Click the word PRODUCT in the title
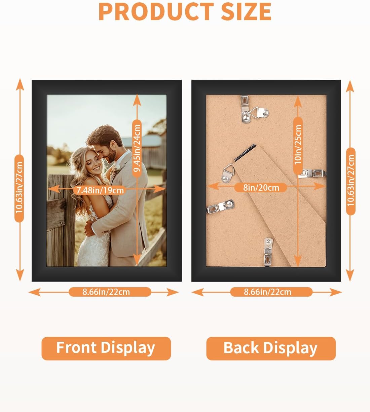156,11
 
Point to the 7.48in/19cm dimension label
100,190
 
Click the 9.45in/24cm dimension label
137,148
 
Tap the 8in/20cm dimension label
261,187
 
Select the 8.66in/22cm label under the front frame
106,292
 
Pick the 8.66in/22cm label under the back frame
267,292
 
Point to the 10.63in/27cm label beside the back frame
351,181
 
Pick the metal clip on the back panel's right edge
312,173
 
